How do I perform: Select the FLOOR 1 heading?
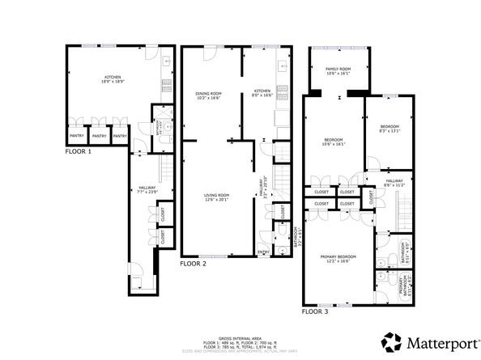coord(79,151)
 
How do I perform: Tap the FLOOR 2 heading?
coord(194,264)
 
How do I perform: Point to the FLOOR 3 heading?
coord(316,311)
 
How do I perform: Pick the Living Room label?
coord(216,196)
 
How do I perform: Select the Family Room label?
coord(338,70)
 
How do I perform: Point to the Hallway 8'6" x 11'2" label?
coord(394,182)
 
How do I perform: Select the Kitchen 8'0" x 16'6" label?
coord(262,92)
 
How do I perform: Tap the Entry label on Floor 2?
coord(262,252)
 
